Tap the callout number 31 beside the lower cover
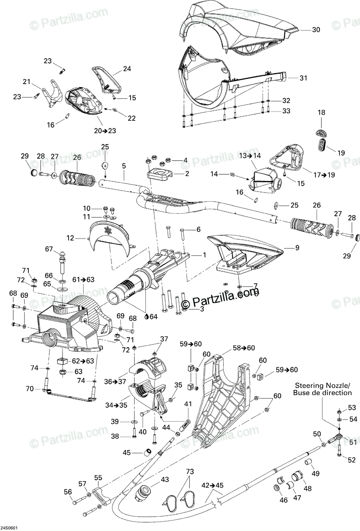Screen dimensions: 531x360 point(303,78)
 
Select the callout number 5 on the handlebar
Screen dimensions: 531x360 point(124,166)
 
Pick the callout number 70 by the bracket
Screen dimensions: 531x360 point(29,389)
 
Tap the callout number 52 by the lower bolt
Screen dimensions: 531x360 point(352,460)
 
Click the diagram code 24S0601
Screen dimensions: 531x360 point(9,528)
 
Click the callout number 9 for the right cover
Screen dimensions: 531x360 point(285,248)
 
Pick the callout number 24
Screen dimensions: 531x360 point(127,69)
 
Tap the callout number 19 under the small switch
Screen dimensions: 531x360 point(341,153)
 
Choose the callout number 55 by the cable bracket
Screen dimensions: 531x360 point(98,477)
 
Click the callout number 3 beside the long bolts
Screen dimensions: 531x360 point(201,309)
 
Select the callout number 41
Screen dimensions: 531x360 point(188,404)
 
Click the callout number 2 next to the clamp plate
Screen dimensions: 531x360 point(187,174)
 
